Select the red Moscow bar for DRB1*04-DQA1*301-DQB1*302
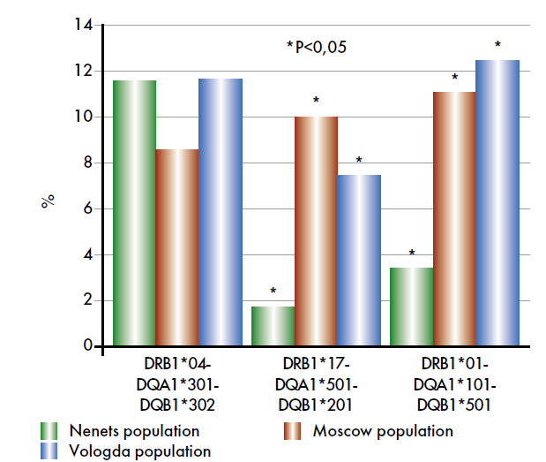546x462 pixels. coord(177,248)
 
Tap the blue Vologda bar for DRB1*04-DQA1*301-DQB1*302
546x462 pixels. coord(221,213)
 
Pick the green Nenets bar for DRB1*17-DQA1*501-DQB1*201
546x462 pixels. coord(273,326)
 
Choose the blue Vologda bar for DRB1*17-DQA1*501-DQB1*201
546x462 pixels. coord(359,261)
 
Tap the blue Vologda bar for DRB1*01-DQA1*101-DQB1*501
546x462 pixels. coord(498,203)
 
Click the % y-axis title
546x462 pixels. coord(48,201)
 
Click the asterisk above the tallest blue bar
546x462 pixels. coord(498,45)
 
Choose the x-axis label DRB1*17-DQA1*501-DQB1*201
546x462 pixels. coord(317,384)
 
